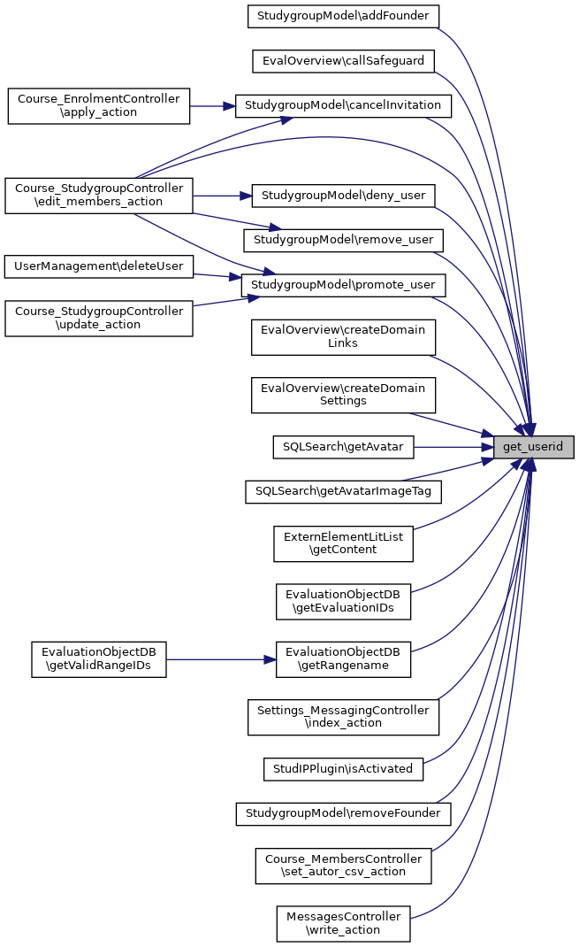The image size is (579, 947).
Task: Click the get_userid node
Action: point(533,447)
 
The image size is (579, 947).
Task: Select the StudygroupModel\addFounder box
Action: point(343,16)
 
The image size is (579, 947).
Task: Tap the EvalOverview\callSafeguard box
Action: point(343,61)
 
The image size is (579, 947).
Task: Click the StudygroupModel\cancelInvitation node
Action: point(343,105)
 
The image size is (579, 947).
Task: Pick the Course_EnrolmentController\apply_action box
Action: point(98,106)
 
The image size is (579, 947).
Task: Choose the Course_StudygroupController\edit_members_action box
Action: point(98,195)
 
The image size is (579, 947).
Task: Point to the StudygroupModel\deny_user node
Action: point(343,195)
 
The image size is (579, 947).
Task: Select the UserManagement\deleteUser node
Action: point(98,266)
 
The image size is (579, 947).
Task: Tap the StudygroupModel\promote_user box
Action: point(343,285)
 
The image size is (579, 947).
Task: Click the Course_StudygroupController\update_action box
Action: point(98,319)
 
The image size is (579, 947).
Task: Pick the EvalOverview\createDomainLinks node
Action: point(343,336)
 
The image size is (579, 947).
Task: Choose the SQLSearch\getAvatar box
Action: point(343,447)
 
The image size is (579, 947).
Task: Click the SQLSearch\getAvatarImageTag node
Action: point(343,491)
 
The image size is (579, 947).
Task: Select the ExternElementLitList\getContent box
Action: point(343,543)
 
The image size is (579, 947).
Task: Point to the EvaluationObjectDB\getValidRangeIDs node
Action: point(98,659)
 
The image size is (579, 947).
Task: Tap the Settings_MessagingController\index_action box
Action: point(343,716)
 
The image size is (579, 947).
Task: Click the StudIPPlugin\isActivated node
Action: point(343,768)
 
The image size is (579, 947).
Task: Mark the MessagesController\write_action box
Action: point(343,923)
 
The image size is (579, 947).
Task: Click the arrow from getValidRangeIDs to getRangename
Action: point(221,659)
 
